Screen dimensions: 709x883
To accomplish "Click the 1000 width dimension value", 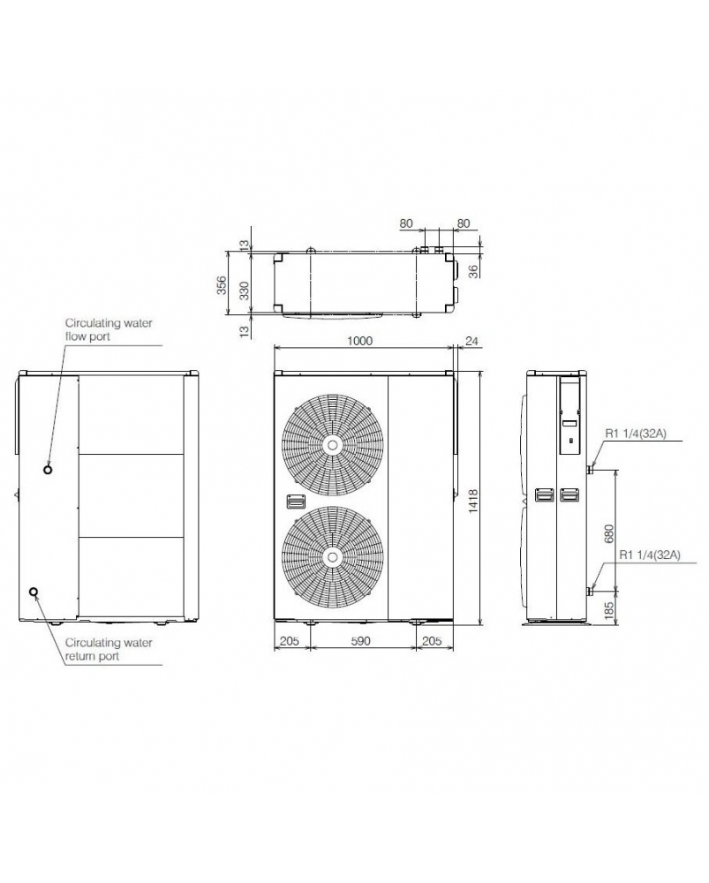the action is click(x=359, y=341).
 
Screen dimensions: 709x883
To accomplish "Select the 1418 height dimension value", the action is click(x=473, y=501).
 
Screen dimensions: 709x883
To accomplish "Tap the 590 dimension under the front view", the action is click(x=360, y=641).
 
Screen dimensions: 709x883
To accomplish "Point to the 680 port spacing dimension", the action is click(x=608, y=534).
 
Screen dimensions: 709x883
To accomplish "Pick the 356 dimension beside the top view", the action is click(x=222, y=285).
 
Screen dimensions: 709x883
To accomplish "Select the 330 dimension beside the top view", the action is click(x=244, y=291).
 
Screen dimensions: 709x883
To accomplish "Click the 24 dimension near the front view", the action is click(x=471, y=341).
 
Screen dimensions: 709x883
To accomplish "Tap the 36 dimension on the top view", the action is click(x=474, y=271).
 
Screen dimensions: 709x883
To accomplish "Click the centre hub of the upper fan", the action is click(x=333, y=445).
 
